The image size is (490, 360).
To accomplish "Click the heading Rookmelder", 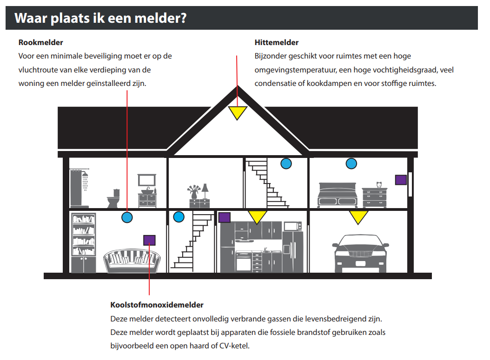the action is (40, 42).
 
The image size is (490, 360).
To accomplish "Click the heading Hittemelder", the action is (277, 42).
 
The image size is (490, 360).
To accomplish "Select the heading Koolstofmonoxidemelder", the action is (157, 305).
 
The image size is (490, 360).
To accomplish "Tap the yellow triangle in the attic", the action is (238, 112).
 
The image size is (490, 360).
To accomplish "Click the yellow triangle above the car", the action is (358, 216).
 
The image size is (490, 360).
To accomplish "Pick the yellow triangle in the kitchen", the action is (257, 216).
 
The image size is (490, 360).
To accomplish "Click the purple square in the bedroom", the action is (401, 180).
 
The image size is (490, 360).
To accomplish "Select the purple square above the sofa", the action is (149, 240).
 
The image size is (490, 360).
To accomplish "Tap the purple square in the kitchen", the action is (225, 217).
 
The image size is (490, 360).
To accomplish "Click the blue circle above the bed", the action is (351, 164).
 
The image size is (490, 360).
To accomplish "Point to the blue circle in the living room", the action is (127, 217).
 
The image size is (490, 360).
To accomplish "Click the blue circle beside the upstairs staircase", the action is (286, 164).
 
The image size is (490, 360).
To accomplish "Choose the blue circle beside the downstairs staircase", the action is (179, 216).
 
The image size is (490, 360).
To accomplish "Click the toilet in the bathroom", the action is (113, 198).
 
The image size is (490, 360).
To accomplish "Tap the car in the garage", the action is (361, 253).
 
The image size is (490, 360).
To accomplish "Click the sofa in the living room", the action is (132, 261).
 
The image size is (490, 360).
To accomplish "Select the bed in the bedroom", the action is (337, 195).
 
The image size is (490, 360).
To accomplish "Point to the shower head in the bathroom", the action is (85, 175).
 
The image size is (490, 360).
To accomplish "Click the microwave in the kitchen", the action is (292, 226).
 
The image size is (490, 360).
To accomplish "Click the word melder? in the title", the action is (160, 18).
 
